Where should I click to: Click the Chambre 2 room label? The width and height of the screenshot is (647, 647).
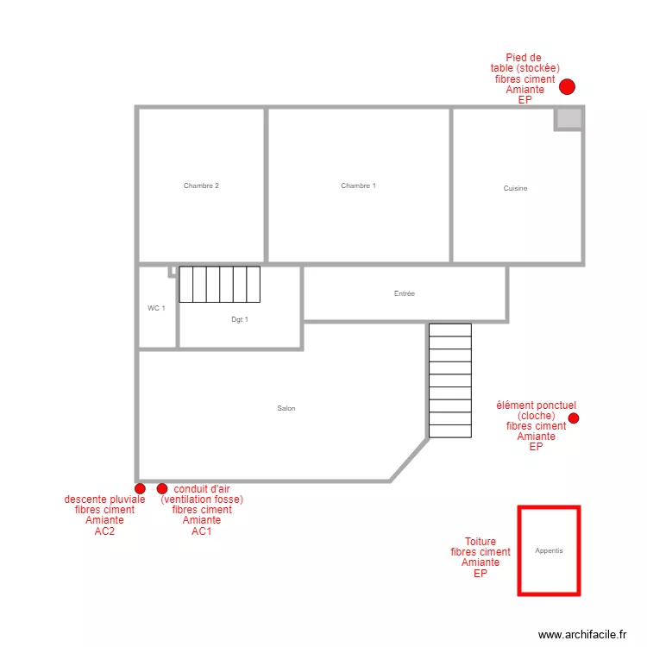[x=201, y=185]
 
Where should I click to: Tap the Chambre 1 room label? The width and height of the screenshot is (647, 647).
[x=358, y=185]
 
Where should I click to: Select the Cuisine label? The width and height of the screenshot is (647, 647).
[x=515, y=188]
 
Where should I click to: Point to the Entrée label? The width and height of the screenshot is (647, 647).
[x=404, y=293]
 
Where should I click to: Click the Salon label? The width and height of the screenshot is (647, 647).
[x=286, y=408]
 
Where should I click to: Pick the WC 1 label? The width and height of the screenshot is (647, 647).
[x=156, y=308]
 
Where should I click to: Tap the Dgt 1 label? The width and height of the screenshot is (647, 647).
[x=239, y=319]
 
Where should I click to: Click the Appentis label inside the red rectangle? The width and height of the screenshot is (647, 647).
[x=549, y=550]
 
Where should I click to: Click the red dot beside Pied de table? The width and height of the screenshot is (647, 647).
[x=567, y=86]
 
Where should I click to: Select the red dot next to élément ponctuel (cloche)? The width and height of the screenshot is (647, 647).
[x=574, y=418]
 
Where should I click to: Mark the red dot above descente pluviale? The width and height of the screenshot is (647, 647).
[x=141, y=489]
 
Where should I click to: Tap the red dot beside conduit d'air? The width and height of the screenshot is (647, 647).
[x=162, y=489]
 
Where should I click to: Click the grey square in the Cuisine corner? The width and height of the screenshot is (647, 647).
[x=567, y=118]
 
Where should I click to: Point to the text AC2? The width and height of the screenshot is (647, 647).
[x=104, y=531]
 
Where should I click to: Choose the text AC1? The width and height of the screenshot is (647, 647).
[x=202, y=531]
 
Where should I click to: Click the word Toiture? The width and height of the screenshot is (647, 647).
[x=481, y=542]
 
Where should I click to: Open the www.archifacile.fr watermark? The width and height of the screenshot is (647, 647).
[x=582, y=634]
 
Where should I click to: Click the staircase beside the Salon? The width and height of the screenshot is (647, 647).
[x=449, y=380]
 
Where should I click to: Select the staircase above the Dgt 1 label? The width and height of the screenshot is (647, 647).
[x=219, y=284]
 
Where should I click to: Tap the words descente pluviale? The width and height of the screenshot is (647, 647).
[x=104, y=499]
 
